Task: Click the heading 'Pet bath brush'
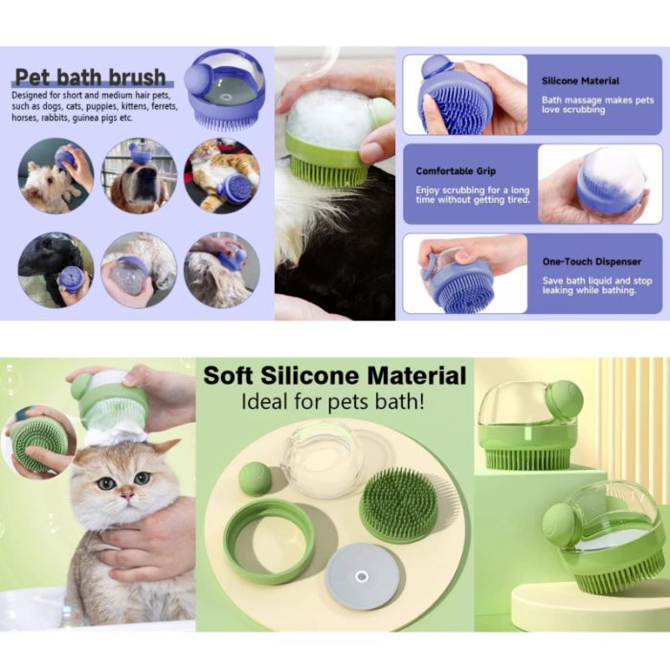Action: pyautogui.click(x=90, y=78)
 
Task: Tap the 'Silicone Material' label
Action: pyautogui.click(x=580, y=81)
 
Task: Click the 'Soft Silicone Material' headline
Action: pyautogui.click(x=334, y=375)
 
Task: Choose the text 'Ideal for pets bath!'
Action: pyautogui.click(x=334, y=403)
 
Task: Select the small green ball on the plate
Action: pyautogui.click(x=256, y=479)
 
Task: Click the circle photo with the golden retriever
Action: pyautogui.click(x=138, y=175)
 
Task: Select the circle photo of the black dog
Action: pyautogui.click(x=55, y=270)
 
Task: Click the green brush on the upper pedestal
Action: pyautogui.click(x=528, y=426)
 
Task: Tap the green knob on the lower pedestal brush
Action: pyautogui.click(x=560, y=525)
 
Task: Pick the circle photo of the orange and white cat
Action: pyautogui.click(x=220, y=175)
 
